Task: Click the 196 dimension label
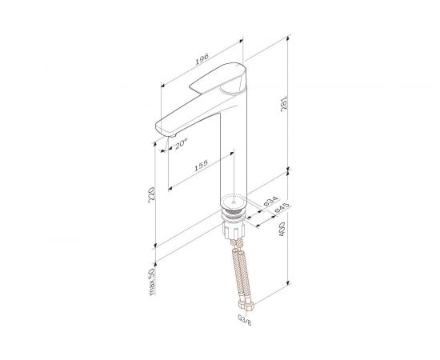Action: (x=202, y=58)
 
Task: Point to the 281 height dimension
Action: (x=284, y=104)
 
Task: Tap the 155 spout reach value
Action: (x=201, y=166)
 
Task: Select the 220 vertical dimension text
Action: (x=151, y=194)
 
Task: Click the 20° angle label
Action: (x=180, y=144)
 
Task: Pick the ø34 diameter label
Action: (x=270, y=201)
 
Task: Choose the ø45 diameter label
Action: (x=282, y=208)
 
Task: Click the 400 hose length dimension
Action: (x=282, y=229)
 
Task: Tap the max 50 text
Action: (x=151, y=282)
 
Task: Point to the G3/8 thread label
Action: (x=245, y=319)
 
